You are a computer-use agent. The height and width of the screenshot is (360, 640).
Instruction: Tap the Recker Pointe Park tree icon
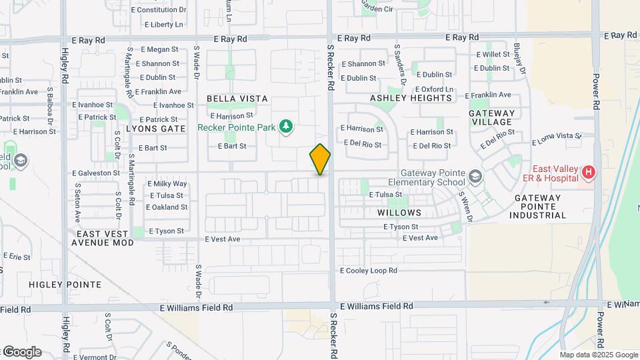coord(286,127)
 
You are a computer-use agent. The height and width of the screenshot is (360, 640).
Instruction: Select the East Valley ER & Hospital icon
coord(588,173)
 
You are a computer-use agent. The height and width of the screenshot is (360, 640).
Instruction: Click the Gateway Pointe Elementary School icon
coord(475,177)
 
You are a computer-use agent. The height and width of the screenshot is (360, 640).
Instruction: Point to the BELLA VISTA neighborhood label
coord(237,99)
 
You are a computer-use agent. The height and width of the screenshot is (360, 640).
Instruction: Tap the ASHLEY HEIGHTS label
coord(411,98)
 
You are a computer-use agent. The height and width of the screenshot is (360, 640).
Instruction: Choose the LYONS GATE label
coord(155,129)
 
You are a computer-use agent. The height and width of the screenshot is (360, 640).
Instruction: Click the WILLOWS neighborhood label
coord(399,213)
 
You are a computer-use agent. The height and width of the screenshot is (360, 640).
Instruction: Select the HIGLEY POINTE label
coord(65,285)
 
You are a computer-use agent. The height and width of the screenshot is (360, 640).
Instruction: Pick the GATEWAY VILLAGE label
coord(492,118)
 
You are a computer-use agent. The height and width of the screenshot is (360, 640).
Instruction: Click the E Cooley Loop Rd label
coord(369,271)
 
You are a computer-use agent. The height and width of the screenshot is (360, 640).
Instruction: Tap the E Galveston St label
coord(96,173)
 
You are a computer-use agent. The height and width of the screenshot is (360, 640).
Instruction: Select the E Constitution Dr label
coord(159,10)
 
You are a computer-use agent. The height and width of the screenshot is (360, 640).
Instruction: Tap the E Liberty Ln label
coord(163,25)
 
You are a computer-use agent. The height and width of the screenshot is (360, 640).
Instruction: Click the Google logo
coord(21,352)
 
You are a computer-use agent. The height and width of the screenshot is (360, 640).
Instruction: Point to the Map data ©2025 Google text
coord(599,355)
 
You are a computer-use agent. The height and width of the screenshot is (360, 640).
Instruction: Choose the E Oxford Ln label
coord(434,89)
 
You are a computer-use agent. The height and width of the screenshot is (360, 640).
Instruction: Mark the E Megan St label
coord(160,49)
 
